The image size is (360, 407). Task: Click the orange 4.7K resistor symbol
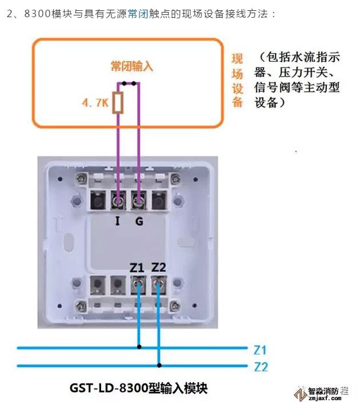[119, 103]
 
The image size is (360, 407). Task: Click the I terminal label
[118, 221]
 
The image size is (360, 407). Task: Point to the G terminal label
[139, 221]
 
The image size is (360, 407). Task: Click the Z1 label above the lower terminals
[137, 266]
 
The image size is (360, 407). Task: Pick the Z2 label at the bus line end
[261, 366]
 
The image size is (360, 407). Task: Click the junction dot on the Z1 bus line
[139, 347]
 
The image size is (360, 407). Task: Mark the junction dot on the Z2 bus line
[159, 365]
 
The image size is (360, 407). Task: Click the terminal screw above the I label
[119, 200]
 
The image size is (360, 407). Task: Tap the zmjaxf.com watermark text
[326, 400]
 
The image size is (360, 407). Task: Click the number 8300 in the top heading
[38, 13]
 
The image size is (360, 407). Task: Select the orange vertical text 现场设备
[238, 80]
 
